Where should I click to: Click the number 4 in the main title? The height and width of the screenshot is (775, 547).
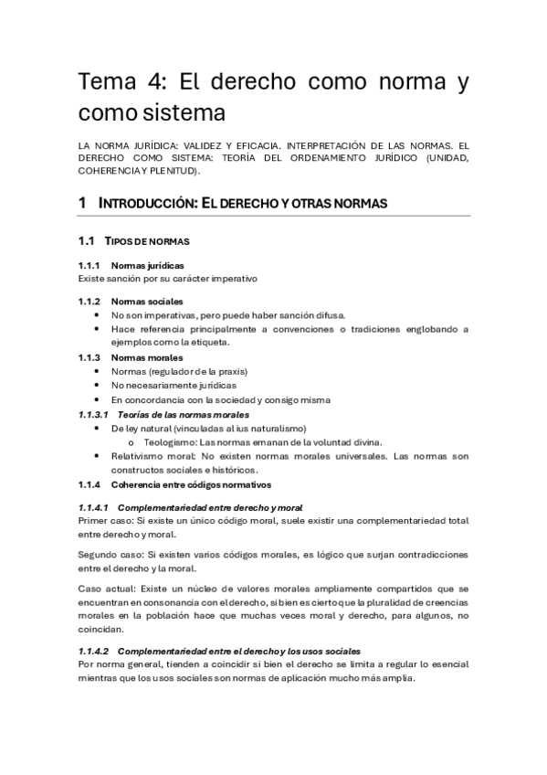click(153, 82)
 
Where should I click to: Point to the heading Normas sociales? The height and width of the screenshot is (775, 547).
click(146, 302)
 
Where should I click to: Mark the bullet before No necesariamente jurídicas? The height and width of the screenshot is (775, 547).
click(97, 386)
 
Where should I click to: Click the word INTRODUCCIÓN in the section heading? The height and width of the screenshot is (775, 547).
click(146, 203)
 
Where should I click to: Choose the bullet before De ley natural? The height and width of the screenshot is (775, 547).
click(97, 428)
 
